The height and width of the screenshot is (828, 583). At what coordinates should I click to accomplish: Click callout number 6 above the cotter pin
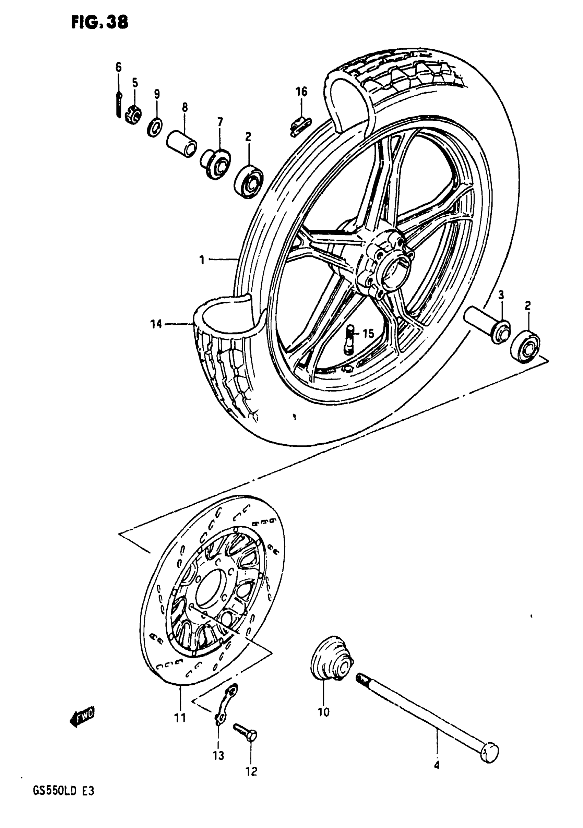[118, 67]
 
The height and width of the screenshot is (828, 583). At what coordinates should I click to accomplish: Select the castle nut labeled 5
[133, 115]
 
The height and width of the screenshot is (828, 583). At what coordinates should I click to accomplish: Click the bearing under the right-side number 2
[525, 348]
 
